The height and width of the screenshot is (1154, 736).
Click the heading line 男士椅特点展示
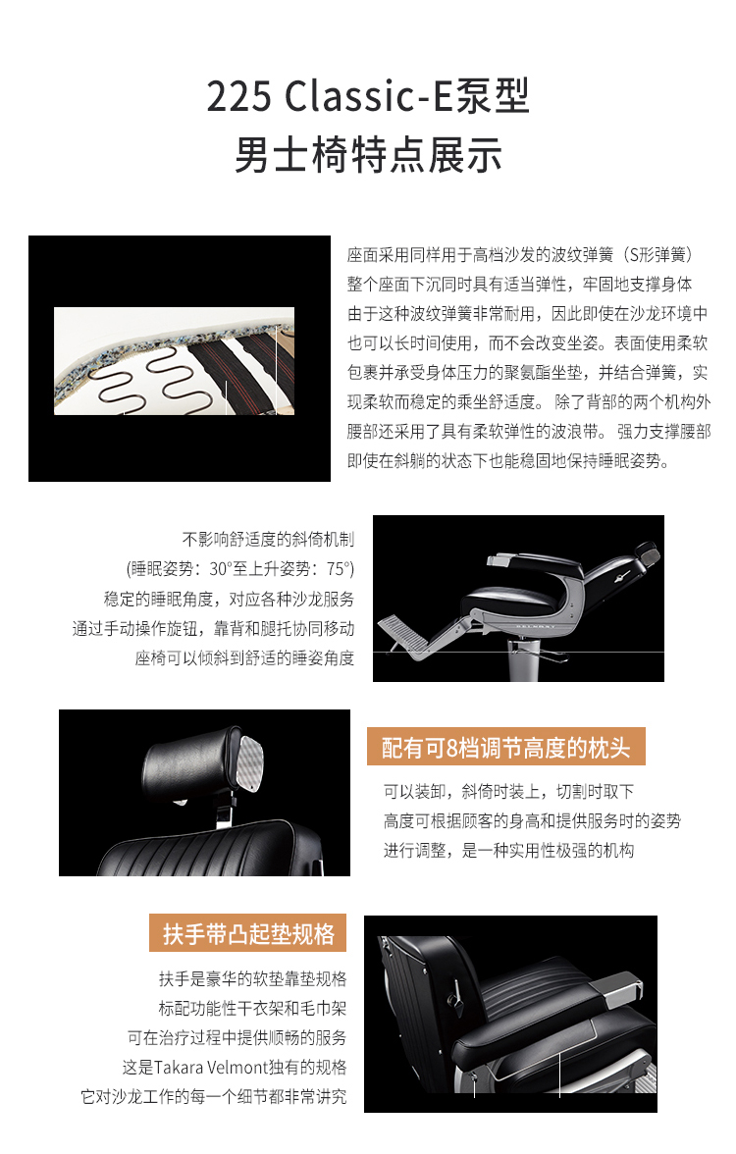[x=368, y=155]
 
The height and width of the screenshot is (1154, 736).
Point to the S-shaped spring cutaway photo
[x=175, y=361]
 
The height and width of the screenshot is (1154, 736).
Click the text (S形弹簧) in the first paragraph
[x=657, y=255]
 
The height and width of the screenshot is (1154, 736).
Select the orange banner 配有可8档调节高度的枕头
[x=506, y=747]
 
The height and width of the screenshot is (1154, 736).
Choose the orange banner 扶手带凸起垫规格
[x=248, y=933]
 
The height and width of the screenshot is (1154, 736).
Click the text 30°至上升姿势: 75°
[x=281, y=569]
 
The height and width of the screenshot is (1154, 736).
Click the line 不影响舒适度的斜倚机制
[x=268, y=540]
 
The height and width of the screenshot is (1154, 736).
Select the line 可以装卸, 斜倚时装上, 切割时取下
[x=508, y=791]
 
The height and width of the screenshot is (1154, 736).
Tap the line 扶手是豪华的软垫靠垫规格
[x=252, y=979]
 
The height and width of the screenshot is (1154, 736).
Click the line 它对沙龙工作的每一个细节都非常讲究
[x=214, y=1097]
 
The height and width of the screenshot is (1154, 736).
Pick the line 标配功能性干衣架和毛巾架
[x=252, y=1009]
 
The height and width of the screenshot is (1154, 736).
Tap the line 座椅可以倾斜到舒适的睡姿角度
[x=244, y=657]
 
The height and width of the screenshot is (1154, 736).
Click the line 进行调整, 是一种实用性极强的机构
[x=508, y=850]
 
